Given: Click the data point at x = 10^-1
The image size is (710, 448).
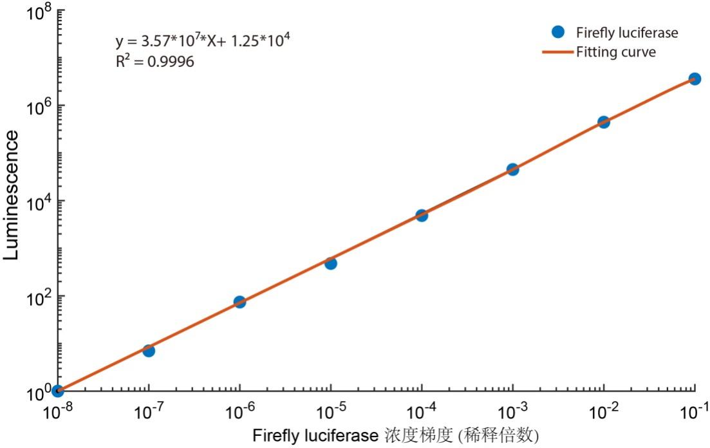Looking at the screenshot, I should coord(695,79).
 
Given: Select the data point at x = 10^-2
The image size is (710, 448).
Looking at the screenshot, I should coord(604,122).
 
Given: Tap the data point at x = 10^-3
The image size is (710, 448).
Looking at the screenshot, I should coord(512,169).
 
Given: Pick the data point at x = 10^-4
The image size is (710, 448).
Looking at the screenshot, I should coord(422,215).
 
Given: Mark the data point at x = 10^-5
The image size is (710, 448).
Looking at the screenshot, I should coord(331,263).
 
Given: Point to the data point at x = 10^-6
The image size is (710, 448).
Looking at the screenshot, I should coord(239,301).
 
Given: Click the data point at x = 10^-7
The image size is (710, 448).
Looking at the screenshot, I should coord(149,350).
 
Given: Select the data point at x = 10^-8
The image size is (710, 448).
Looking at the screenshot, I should coord(57,391).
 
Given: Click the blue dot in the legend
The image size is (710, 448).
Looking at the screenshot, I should coord(558,32).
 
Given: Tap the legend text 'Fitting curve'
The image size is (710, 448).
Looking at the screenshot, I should coord(616,51).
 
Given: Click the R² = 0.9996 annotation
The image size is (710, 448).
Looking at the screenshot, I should coord(154,61).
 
